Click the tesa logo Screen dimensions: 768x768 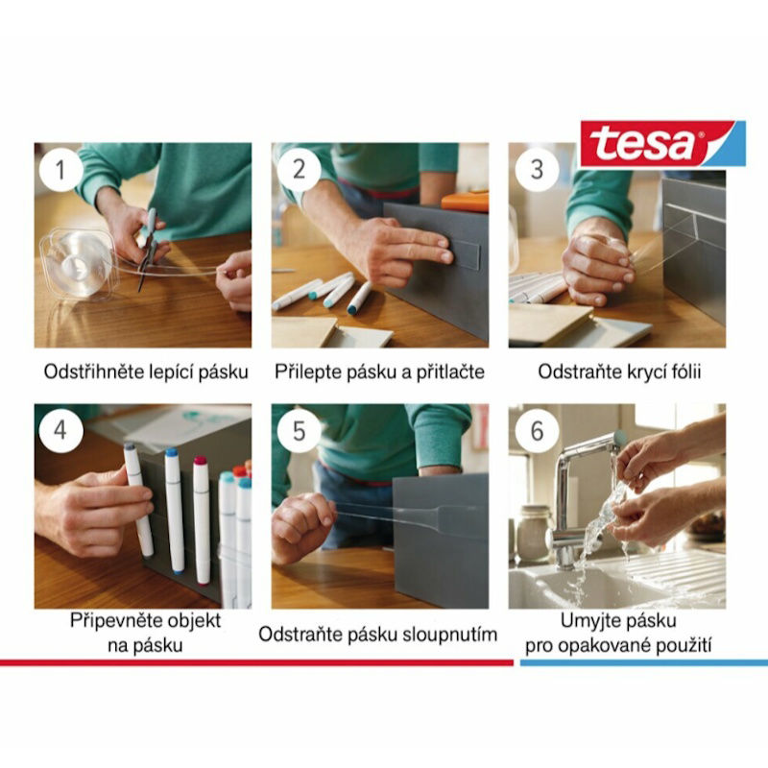662,143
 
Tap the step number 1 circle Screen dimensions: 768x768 60,170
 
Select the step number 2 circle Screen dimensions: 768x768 299,170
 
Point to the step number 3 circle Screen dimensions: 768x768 537,170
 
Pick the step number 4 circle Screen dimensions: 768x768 60,430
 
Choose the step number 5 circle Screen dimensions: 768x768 299,431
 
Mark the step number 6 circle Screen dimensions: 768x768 537,431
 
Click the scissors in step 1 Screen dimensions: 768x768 148,250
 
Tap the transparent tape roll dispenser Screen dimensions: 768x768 80,265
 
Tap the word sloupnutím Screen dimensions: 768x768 449,635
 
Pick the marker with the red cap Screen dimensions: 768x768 202,519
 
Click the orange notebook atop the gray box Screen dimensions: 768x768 466,202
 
